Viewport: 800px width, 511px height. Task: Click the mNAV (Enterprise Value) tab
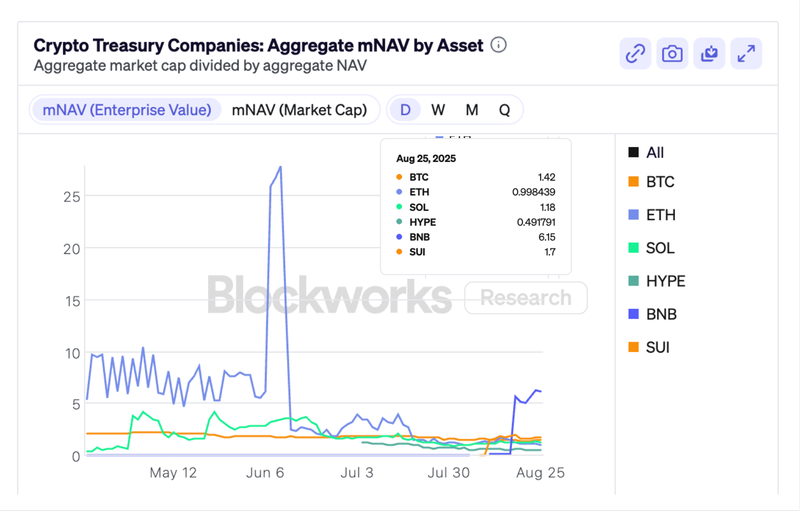click(127, 110)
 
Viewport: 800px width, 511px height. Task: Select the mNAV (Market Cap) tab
click(299, 110)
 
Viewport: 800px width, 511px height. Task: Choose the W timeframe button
click(438, 110)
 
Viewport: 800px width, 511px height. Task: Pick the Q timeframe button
click(504, 110)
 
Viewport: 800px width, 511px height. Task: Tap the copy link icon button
click(635, 53)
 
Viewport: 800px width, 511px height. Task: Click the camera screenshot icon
click(672, 53)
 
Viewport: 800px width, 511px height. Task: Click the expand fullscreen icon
click(746, 53)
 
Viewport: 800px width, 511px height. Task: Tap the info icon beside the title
click(498, 45)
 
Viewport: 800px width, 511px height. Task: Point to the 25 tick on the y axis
click(72, 197)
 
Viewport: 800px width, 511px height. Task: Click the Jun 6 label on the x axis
click(265, 473)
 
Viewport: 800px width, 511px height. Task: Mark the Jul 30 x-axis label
click(448, 473)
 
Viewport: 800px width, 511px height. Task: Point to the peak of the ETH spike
click(281, 167)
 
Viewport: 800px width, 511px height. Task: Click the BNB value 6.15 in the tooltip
click(546, 237)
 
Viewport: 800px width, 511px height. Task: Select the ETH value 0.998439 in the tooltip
click(533, 192)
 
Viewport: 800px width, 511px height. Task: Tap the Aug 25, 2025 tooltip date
click(426, 158)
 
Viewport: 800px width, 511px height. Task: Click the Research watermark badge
click(526, 298)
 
